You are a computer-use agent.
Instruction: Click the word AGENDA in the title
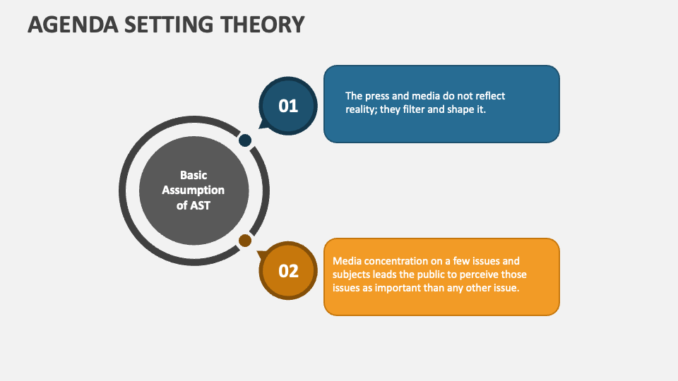73,24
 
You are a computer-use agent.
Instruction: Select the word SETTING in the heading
169,24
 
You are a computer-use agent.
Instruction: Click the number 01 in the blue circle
288,107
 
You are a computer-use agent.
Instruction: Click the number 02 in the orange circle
288,271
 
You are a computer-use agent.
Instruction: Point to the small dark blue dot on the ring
245,140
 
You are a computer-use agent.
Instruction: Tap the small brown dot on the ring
245,241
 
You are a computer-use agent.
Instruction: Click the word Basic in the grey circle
194,175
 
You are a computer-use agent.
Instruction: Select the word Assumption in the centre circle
194,190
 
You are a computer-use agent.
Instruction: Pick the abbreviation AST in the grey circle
199,205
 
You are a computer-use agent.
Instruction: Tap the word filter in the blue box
413,109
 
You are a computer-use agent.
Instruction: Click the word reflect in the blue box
490,96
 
